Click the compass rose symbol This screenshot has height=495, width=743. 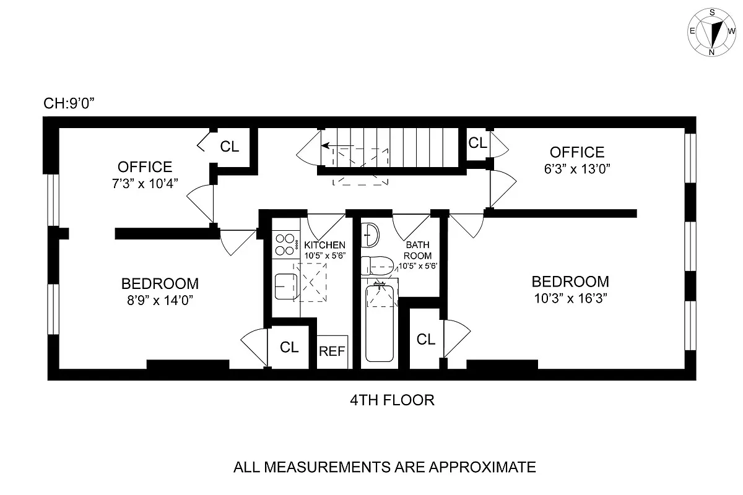click(x=712, y=32)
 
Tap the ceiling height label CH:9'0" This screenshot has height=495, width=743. click(x=67, y=103)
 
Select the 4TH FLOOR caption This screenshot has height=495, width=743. click(x=392, y=400)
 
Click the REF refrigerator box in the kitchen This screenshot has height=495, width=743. click(x=332, y=351)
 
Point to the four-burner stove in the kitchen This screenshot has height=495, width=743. click(x=285, y=244)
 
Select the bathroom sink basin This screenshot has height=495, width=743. click(x=370, y=233)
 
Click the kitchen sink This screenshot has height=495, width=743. click(x=285, y=286)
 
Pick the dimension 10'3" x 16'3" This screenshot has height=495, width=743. click(x=570, y=298)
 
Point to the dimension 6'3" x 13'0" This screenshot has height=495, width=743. click(x=576, y=169)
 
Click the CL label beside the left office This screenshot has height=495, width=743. click(x=230, y=147)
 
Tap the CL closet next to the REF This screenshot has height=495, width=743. click(x=289, y=347)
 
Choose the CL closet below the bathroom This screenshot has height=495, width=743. click(x=425, y=339)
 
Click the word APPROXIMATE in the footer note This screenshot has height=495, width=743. click(x=477, y=467)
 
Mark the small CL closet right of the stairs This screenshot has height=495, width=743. click(x=477, y=143)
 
